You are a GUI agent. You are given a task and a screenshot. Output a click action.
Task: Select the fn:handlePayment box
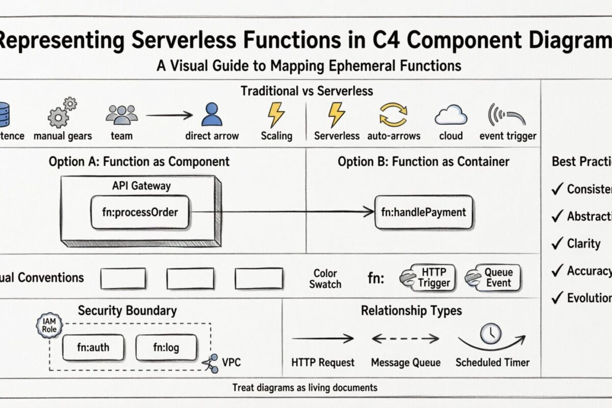423,212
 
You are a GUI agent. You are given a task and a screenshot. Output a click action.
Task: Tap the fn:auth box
92,348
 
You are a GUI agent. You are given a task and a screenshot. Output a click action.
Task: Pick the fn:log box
166,348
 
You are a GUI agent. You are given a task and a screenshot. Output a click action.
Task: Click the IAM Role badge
49,326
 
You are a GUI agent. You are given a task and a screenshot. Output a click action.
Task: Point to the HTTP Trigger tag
427,277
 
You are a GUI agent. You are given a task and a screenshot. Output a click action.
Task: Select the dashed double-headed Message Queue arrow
405,338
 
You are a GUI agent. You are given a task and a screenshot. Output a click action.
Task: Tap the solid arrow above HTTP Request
323,338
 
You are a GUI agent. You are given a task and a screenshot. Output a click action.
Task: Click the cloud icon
451,116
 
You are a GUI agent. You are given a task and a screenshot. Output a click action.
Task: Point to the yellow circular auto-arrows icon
394,114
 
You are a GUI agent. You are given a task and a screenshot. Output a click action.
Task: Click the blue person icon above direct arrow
212,114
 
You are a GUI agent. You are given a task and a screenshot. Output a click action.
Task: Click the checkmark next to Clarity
557,243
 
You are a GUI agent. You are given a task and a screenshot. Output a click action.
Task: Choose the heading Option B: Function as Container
423,162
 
